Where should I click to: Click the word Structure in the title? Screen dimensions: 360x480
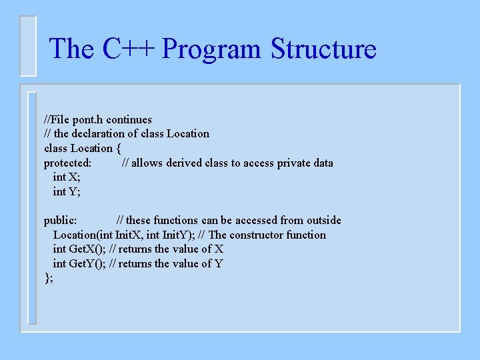coord(323,49)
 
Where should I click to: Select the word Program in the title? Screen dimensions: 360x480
coord(213,49)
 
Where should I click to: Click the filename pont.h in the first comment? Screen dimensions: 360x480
coord(88,119)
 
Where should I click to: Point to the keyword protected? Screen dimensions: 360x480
coord(68,163)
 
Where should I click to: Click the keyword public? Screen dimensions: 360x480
coord(61,220)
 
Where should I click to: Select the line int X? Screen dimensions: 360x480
coord(67,177)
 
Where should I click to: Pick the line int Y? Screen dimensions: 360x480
coord(67,192)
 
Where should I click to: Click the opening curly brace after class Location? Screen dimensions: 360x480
coord(119,148)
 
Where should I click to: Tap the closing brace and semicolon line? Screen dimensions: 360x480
coord(49,278)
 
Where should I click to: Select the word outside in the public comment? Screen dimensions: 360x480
coord(322,220)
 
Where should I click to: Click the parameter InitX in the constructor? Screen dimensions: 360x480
coord(129,235)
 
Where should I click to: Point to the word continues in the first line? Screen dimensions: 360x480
coord(129,119)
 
